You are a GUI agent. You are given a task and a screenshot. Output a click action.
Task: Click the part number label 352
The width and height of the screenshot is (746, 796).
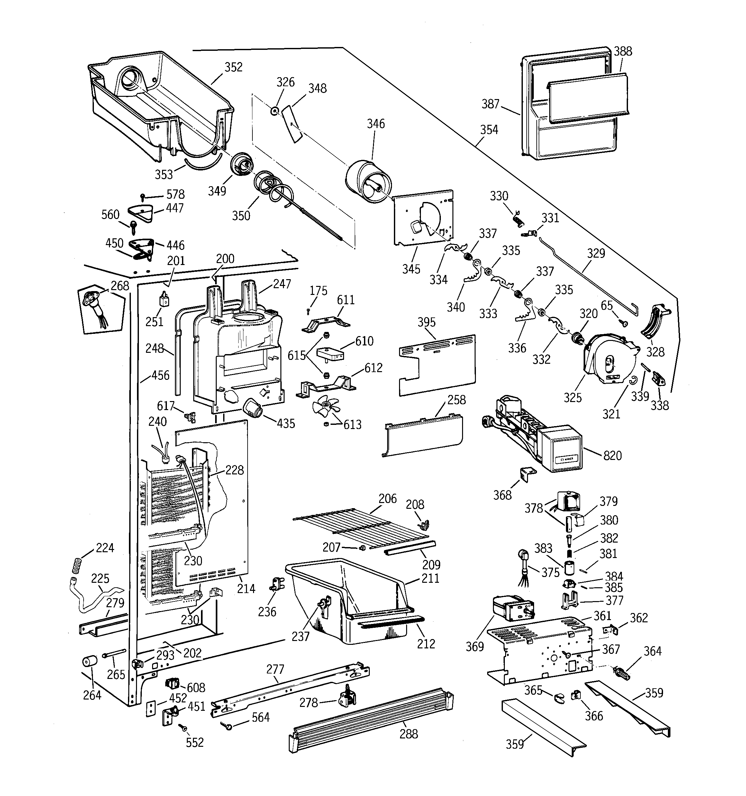click(x=233, y=67)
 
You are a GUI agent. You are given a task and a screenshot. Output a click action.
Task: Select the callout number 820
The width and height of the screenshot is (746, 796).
click(x=612, y=455)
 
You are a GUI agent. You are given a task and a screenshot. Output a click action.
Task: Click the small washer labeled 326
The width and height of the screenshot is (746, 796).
click(x=275, y=111)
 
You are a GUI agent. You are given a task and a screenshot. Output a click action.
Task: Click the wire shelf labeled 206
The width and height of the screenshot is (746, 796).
click(x=360, y=527)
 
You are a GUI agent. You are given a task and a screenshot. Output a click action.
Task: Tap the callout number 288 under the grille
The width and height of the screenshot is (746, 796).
click(x=408, y=734)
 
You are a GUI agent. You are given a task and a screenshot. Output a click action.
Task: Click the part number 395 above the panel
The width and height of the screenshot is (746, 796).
click(x=426, y=322)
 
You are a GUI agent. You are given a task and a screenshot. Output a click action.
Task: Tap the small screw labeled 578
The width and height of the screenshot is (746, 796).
click(x=142, y=196)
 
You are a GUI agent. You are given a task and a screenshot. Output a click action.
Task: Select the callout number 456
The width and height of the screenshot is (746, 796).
click(x=160, y=375)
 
